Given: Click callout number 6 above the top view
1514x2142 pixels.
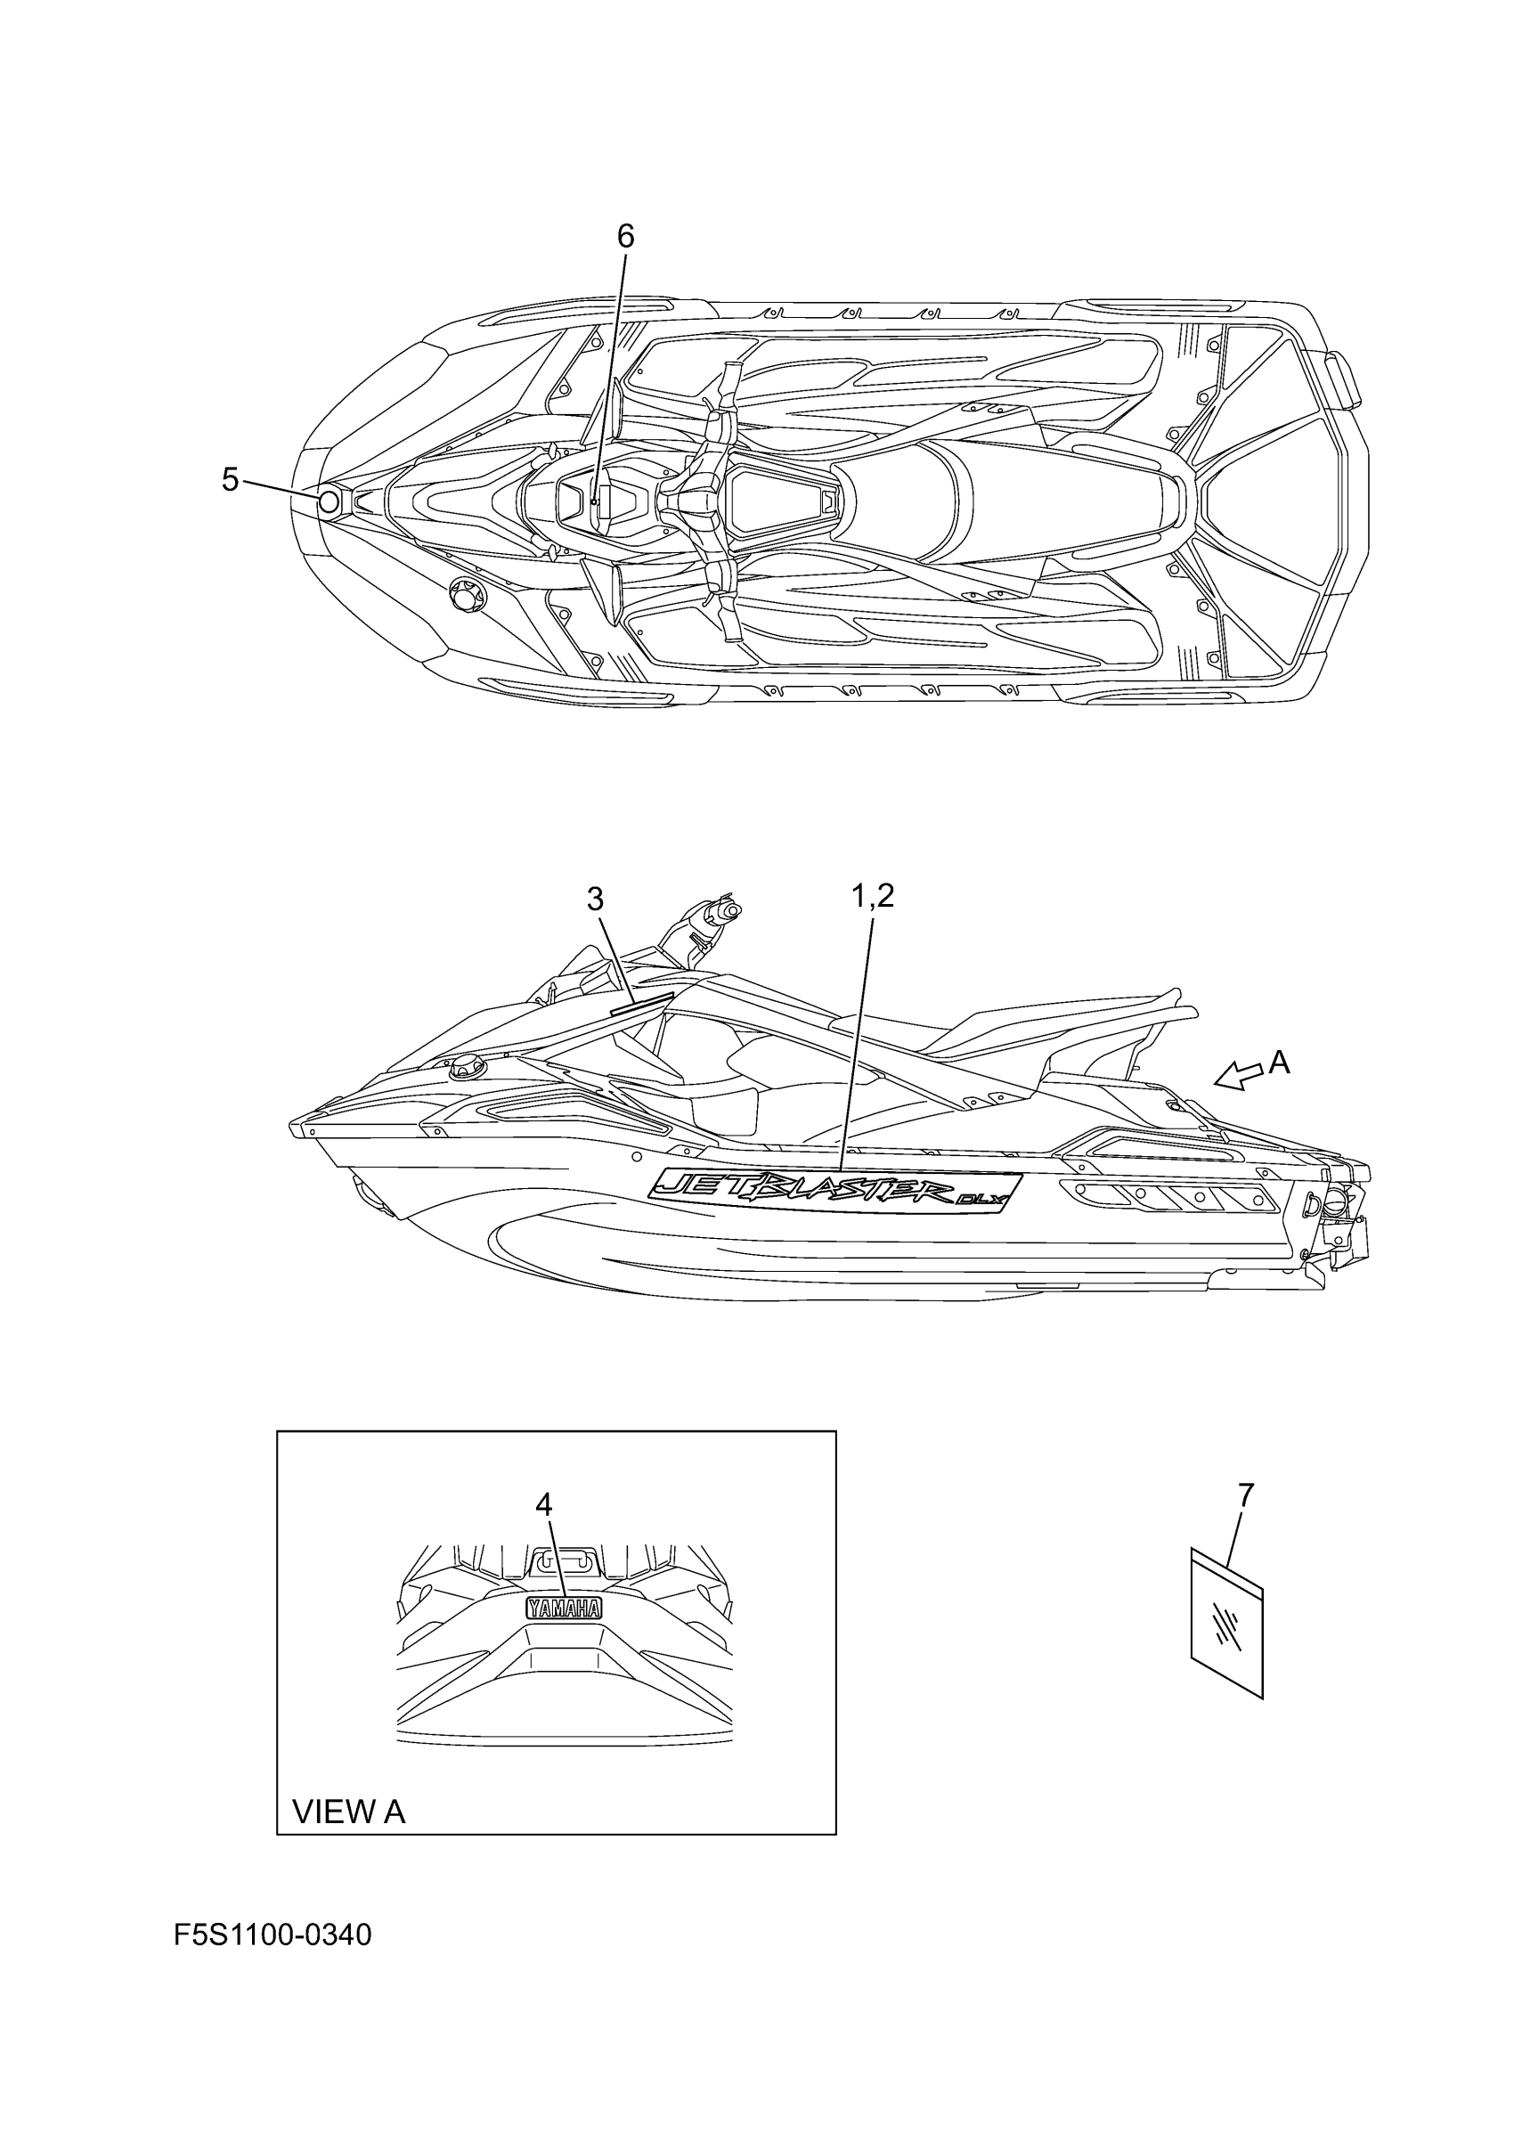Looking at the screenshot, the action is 625,237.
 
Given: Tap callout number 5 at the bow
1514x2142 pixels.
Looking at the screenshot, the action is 231,479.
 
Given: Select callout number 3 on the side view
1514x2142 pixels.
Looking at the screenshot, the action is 595,899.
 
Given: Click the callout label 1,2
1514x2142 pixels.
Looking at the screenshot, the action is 872,896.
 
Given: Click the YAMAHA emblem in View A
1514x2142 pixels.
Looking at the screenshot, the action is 564,1608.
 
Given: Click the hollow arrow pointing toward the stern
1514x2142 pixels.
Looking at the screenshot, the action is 1236,1077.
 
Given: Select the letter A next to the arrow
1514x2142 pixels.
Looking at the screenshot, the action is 1280,1062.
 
